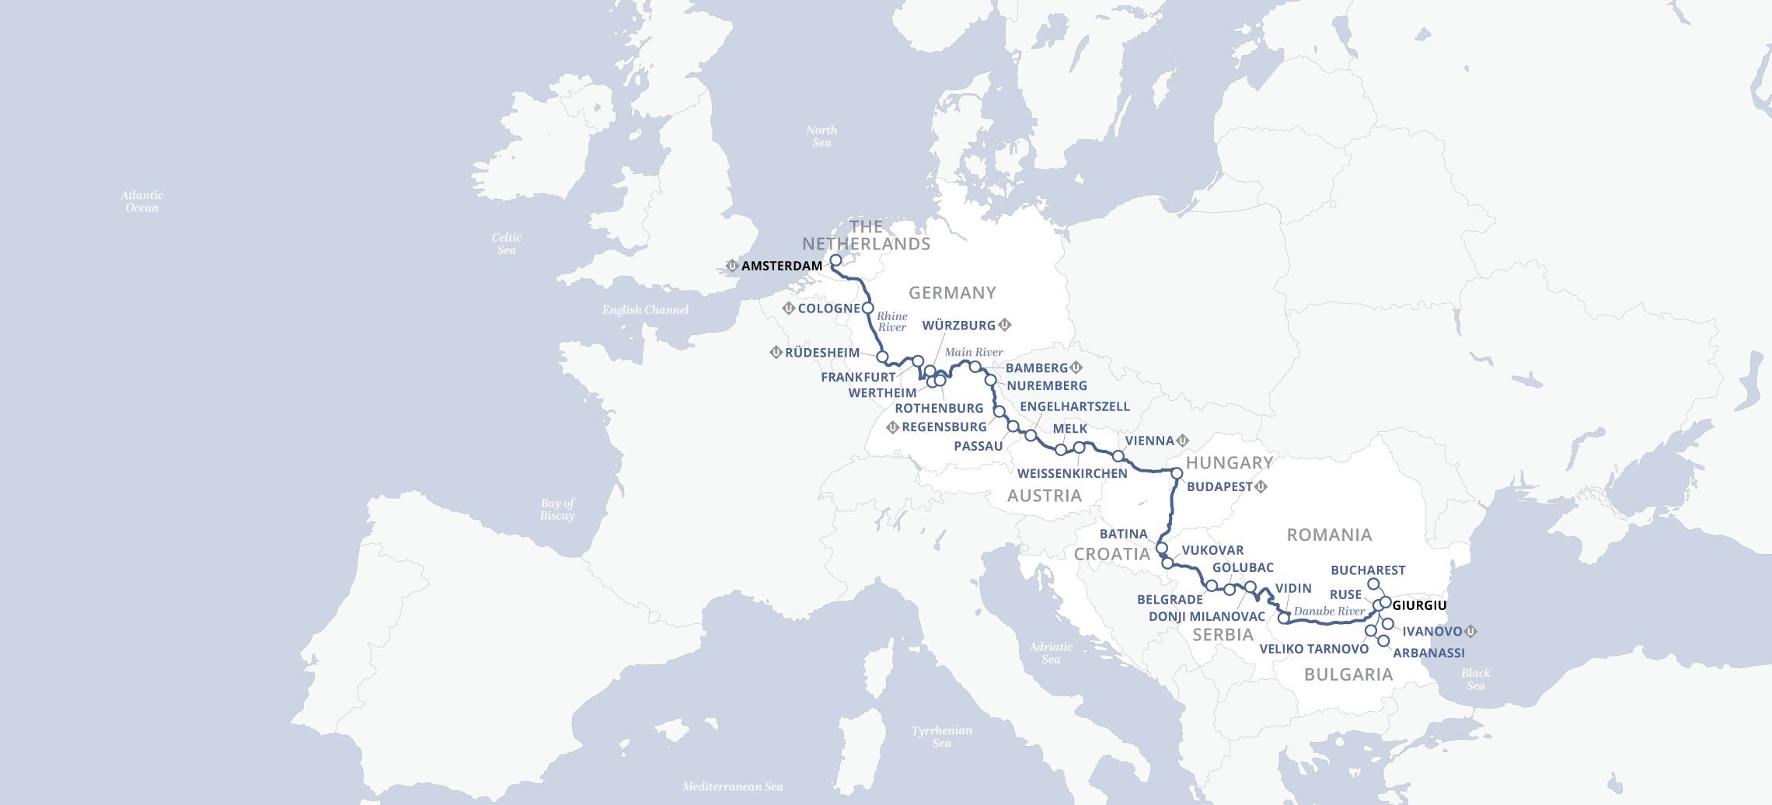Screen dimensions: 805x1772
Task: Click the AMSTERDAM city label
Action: click(781, 266)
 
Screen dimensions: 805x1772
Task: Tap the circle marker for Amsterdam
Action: click(835, 261)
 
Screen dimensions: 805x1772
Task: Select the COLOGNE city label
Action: click(828, 308)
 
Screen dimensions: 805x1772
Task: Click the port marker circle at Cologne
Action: click(868, 308)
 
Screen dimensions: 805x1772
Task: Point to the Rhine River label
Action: click(892, 322)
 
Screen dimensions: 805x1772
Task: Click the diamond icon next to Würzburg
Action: click(1005, 325)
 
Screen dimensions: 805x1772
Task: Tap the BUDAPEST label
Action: click(1219, 486)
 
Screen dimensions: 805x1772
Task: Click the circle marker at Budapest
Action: click(1177, 473)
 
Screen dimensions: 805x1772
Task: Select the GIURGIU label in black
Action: click(1419, 605)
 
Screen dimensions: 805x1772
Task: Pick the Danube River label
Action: click(1329, 612)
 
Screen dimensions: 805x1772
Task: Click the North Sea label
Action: click(821, 137)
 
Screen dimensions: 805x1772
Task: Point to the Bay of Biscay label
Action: click(557, 510)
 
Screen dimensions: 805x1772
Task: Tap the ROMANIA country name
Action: click(1329, 535)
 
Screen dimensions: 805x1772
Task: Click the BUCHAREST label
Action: click(1368, 570)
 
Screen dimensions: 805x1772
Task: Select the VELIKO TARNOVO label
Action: click(1313, 649)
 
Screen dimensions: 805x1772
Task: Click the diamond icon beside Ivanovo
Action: click(1470, 631)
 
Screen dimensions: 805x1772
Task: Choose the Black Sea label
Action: click(1475, 679)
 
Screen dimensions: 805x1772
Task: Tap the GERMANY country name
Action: click(952, 293)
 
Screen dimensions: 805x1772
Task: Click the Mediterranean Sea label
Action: click(732, 786)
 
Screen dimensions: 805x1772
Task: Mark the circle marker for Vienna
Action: click(1118, 456)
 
